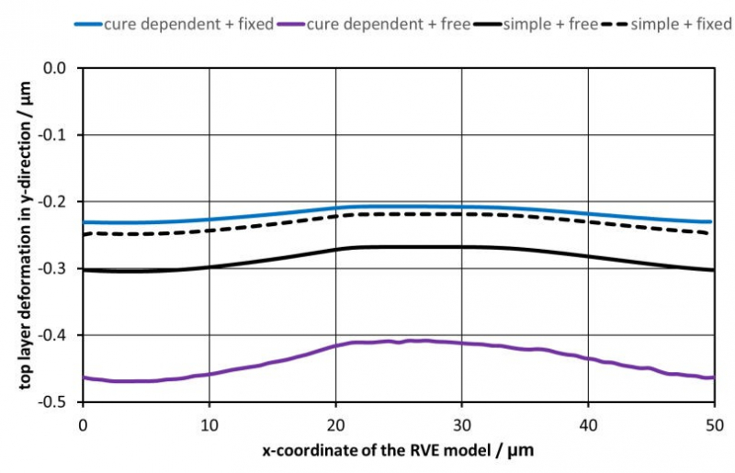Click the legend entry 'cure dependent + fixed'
click(188, 24)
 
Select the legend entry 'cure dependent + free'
click(389, 24)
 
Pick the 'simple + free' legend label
click(550, 24)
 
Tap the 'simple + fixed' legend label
click(681, 24)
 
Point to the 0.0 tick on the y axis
click(54, 68)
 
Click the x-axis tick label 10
click(209, 425)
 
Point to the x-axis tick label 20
click(335, 425)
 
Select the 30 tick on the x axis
click(462, 425)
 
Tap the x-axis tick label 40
click(588, 425)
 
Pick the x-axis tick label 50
click(715, 425)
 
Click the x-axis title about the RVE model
click(398, 451)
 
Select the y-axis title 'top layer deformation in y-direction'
click(26, 235)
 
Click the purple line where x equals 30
click(462, 343)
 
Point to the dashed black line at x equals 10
click(209, 231)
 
